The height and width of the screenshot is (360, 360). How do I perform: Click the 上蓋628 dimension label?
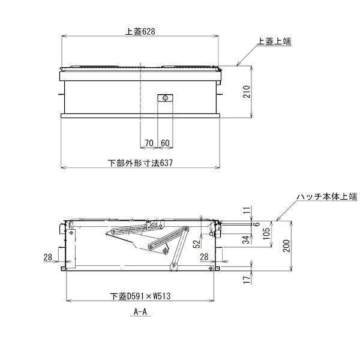click(141, 32)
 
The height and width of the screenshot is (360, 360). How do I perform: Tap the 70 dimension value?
click(149, 143)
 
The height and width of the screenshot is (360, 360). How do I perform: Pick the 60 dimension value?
click(166, 143)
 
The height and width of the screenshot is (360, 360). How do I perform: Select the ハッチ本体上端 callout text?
click(326, 196)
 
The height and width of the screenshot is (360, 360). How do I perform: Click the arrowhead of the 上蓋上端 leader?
click(239, 65)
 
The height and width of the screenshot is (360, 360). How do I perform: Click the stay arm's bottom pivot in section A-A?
click(175, 262)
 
